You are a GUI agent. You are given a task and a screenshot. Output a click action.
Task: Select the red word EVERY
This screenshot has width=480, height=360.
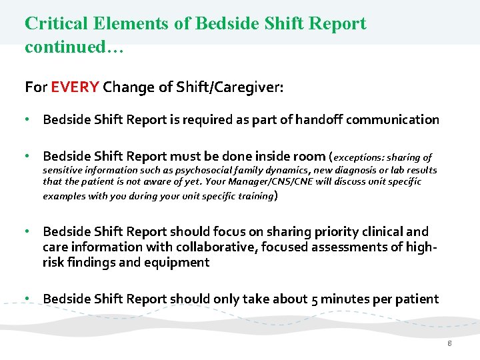point(75,87)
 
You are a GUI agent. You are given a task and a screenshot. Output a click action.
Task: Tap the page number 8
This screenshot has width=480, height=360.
point(450,343)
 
